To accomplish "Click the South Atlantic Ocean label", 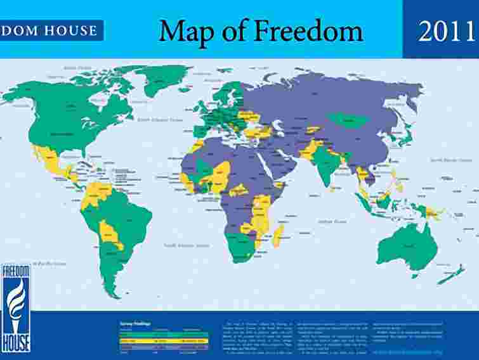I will click(x=187, y=245).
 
